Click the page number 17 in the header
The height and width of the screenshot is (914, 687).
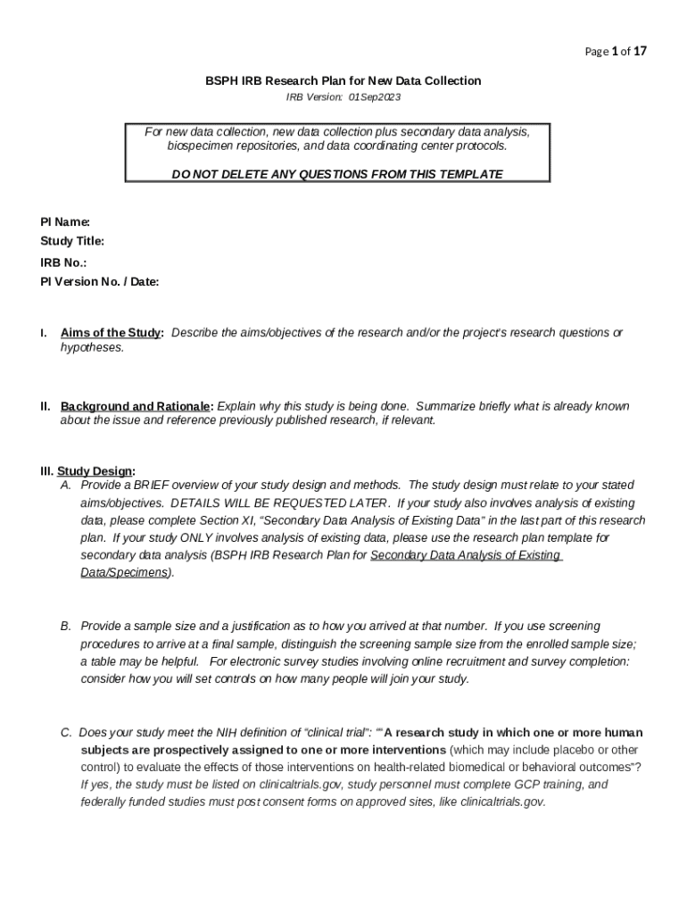tap(639, 51)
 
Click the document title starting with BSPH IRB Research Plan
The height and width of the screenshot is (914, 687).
tap(343, 81)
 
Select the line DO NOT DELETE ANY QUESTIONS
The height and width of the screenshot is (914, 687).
tap(337, 174)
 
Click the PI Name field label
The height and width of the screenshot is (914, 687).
tap(65, 221)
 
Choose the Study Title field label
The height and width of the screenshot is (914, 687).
tap(72, 241)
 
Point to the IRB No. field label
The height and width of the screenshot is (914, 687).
tap(63, 263)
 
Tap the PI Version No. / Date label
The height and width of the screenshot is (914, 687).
tap(99, 282)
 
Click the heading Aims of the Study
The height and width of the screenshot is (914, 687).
tap(111, 333)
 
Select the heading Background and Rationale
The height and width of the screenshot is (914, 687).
tap(137, 406)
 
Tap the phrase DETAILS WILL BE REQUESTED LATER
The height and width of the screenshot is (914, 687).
tap(279, 503)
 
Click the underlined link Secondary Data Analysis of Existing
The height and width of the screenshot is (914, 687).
tap(465, 555)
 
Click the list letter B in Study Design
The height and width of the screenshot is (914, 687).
tap(66, 626)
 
